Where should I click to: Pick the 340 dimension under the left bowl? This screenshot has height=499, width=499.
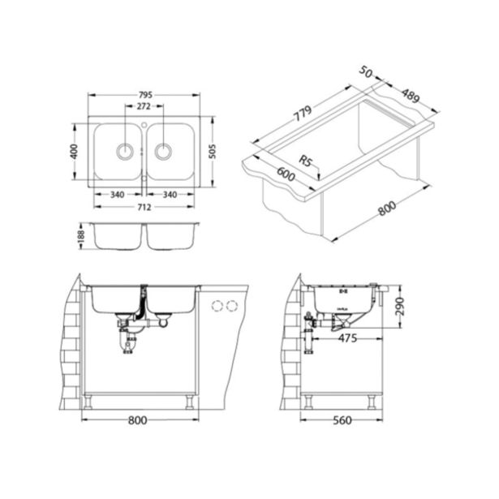(117, 195)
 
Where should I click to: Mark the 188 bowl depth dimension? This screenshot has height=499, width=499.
(79, 236)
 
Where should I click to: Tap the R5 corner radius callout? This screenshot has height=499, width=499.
(307, 161)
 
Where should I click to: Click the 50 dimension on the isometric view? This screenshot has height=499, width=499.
(366, 74)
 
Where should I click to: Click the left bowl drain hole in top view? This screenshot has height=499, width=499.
(125, 150)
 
